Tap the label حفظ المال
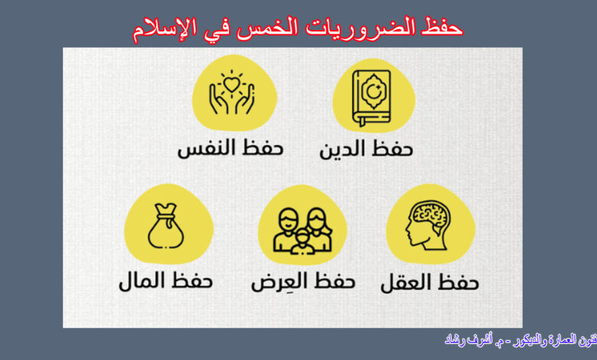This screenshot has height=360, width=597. pyautogui.click(x=165, y=281)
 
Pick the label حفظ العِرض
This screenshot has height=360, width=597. pyautogui.click(x=303, y=281)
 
